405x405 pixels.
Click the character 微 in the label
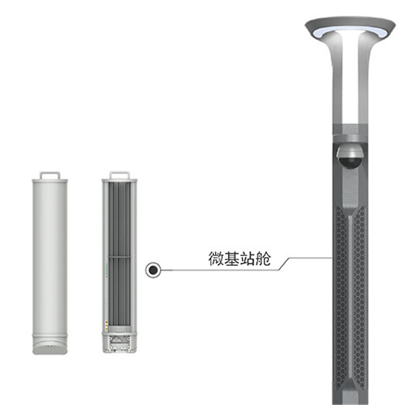click(x=216, y=258)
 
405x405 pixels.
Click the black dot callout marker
click(x=153, y=270)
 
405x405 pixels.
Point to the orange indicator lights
click(x=106, y=326)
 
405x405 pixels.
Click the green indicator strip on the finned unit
click(x=106, y=269)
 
